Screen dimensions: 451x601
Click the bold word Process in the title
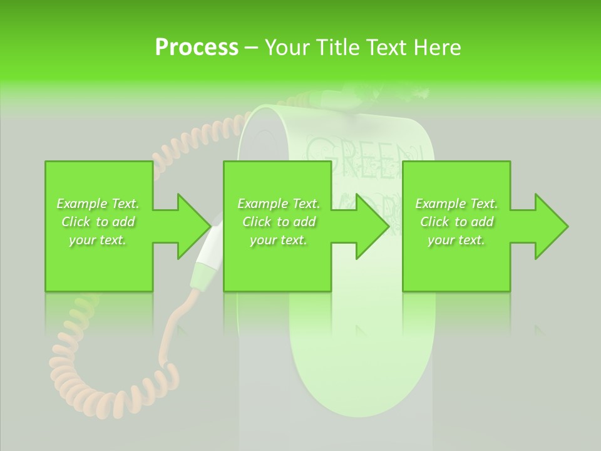[x=197, y=47]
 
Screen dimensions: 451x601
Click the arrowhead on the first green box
[x=190, y=226]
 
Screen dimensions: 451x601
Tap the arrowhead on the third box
[x=548, y=226]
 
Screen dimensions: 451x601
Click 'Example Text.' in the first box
[x=98, y=204]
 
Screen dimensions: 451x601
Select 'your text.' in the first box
[x=98, y=240]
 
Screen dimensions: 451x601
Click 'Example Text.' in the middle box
[x=279, y=204]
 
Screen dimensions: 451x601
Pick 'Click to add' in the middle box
[x=279, y=222]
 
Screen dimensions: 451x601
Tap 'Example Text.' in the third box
[x=456, y=204]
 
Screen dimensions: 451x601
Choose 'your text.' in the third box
[x=456, y=240]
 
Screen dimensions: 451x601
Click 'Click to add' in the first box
[x=98, y=222]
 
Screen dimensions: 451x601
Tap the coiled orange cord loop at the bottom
[x=100, y=382]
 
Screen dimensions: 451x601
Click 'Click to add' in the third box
[x=456, y=222]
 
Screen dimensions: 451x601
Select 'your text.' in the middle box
[x=279, y=240]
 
